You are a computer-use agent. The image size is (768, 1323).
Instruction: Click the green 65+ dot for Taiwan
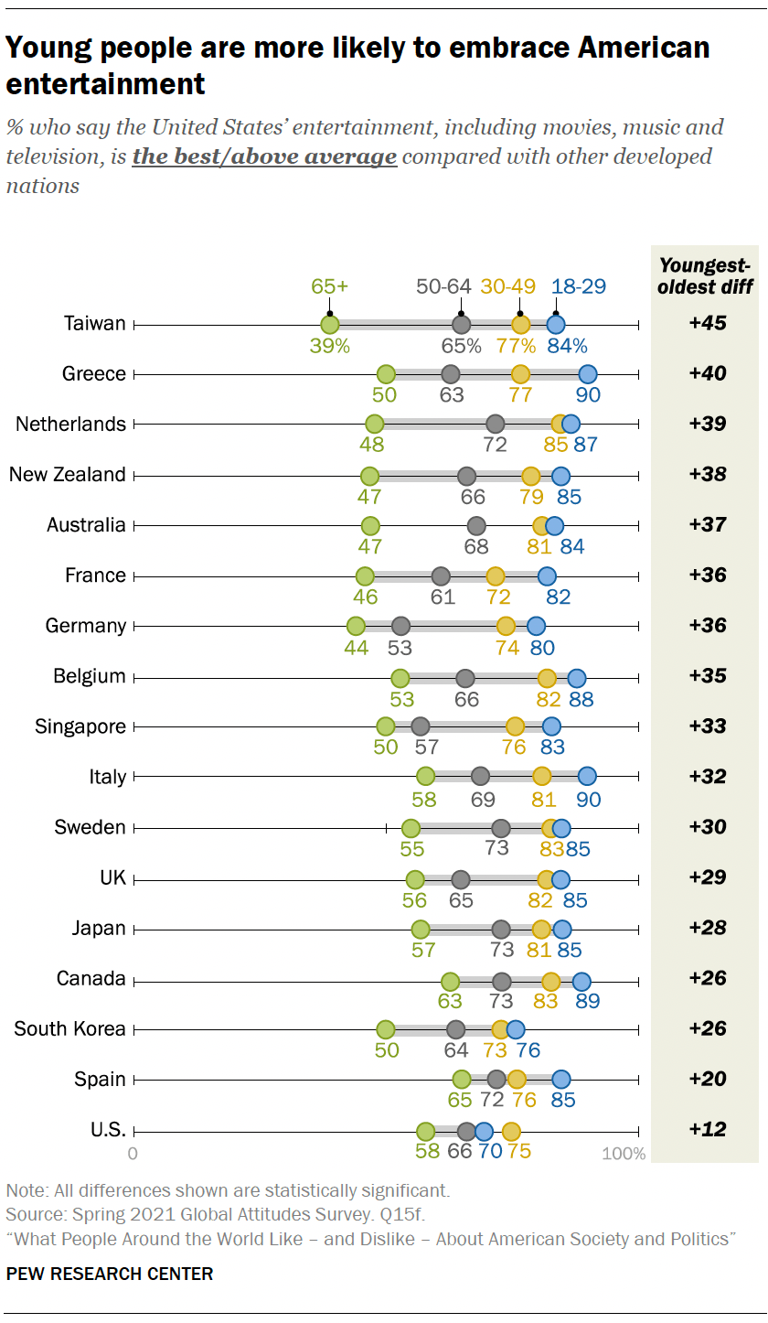tap(330, 324)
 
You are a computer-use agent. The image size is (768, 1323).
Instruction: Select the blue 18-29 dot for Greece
tap(587, 374)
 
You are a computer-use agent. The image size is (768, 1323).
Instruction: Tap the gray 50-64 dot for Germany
tap(400, 626)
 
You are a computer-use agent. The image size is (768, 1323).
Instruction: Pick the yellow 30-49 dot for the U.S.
tap(511, 1130)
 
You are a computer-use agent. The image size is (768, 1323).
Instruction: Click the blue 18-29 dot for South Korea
tap(516, 1028)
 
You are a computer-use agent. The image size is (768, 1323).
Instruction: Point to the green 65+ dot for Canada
tap(450, 978)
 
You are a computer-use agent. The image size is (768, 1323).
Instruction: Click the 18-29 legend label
tap(580, 286)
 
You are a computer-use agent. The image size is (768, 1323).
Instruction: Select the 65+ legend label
tap(329, 286)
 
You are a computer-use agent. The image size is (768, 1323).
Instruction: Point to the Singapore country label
tap(80, 726)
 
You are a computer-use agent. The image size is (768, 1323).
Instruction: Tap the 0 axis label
tap(133, 1153)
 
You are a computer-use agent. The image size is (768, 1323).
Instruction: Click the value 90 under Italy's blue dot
tap(588, 800)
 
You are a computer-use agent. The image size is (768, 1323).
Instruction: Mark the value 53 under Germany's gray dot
tap(400, 649)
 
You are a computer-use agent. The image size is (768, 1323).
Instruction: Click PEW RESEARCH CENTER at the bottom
tap(110, 1274)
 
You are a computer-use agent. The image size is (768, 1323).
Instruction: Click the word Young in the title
tap(45, 48)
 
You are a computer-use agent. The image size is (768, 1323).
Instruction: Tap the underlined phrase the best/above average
tap(264, 156)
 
